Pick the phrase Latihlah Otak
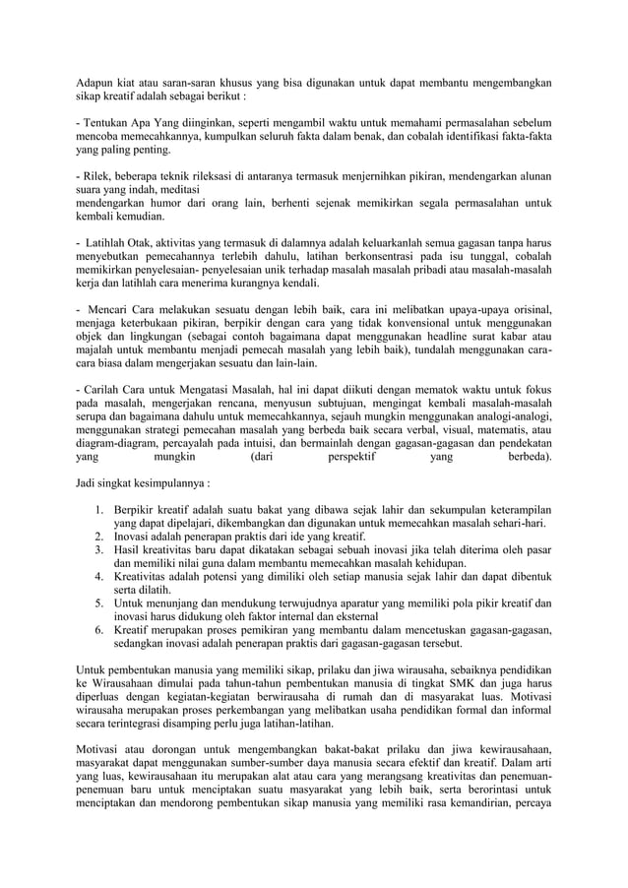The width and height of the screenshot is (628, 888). pos(118,242)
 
